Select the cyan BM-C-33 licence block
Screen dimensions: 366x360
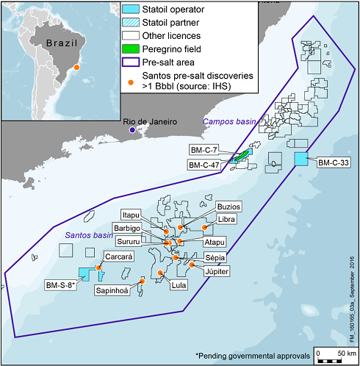[x=300, y=159]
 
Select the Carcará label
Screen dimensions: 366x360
[x=118, y=257]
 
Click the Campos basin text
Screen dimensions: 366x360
[x=226, y=121]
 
